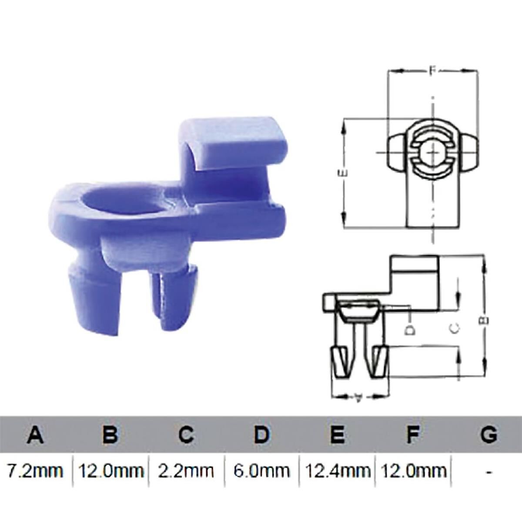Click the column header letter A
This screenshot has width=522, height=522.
[x=35, y=435]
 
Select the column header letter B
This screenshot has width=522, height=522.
[x=110, y=435]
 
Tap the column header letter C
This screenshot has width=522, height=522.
[x=186, y=435]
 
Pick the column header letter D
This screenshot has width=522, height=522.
[x=261, y=435]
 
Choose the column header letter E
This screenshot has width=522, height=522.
[x=337, y=435]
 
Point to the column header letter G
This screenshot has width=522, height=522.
[x=489, y=435]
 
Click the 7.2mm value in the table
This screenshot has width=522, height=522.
[x=35, y=471]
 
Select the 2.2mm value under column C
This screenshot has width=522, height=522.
[x=186, y=471]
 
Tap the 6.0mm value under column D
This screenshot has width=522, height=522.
[x=261, y=471]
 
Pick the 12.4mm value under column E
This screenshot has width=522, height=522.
[x=337, y=471]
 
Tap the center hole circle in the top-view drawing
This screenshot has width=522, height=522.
[x=432, y=153]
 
